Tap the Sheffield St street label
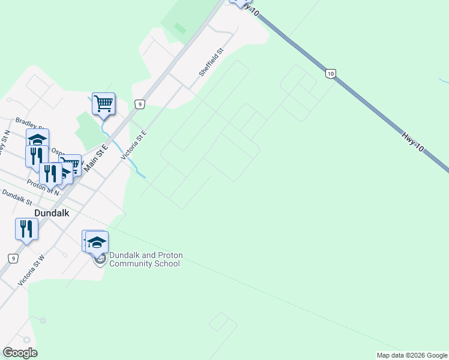[x=211, y=62]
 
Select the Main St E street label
[x=96, y=155]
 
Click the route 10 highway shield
[x=330, y=73]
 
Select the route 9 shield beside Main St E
[x=139, y=104]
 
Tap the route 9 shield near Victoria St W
[x=13, y=258]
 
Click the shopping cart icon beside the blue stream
[x=103, y=104]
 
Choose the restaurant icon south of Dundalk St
[x=26, y=229]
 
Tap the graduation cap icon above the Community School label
[x=97, y=241]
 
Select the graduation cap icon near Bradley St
[x=37, y=139]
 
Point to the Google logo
[x=20, y=353]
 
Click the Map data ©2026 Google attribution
[x=412, y=355]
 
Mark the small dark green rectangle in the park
[x=179, y=28]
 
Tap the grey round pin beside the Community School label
[x=100, y=259]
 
